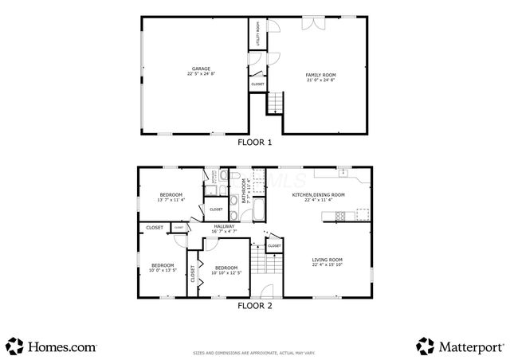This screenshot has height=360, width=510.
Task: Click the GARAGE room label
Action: click(x=201, y=68)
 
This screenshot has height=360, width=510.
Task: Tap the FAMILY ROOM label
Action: click(x=321, y=75)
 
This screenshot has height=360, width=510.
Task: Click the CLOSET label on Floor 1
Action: click(x=257, y=84)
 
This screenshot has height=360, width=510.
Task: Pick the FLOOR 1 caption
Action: click(x=255, y=143)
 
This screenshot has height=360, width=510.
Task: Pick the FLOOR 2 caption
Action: click(x=255, y=304)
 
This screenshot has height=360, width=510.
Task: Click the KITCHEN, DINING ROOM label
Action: click(x=318, y=194)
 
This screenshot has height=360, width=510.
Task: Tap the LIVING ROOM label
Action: click(x=327, y=260)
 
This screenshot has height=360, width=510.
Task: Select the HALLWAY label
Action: click(x=224, y=227)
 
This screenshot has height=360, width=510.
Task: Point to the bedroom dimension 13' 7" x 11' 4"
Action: click(x=171, y=200)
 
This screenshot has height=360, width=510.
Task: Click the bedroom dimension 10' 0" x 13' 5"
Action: click(x=163, y=271)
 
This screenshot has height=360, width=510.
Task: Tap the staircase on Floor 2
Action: click(x=257, y=259)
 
